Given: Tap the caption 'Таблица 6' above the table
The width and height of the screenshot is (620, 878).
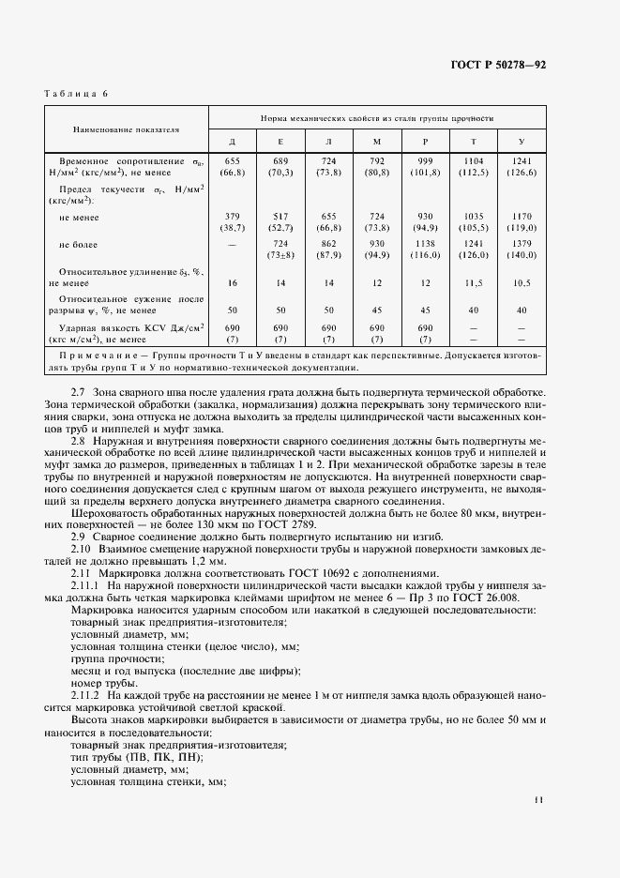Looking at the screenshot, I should coord(77,94).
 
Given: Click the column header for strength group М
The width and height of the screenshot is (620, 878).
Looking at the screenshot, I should coord(376,142).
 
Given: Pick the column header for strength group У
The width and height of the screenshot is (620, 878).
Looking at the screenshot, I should coord(522,142).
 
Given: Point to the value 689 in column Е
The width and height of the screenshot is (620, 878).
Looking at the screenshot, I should coord(280,161).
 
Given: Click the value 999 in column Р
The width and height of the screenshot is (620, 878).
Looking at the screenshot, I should coord(425,161).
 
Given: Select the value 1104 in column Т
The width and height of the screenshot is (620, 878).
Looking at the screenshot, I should coord(473,161).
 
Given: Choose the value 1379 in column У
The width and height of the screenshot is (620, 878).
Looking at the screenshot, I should coord(522,243).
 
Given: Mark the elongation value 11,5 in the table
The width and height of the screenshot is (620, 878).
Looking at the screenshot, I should coord(473,281).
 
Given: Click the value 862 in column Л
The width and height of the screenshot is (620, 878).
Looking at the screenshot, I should coord(328,243).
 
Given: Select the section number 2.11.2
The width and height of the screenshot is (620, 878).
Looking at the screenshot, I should coord(85,697).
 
